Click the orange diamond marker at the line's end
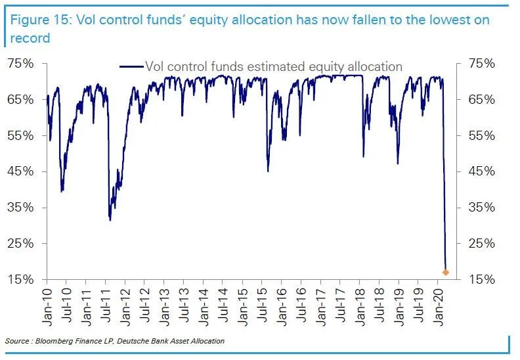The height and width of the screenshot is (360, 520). [x=446, y=272]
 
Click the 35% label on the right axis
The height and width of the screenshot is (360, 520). [x=485, y=208]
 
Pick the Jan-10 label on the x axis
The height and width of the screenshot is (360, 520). [x=47, y=307]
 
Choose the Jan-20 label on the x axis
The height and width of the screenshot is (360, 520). [x=439, y=307]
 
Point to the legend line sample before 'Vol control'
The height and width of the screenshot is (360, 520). [x=131, y=66]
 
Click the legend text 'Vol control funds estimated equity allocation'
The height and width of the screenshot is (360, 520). [x=273, y=66]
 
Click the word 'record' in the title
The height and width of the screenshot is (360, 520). [x=30, y=38]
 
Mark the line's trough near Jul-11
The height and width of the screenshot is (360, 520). [x=110, y=220]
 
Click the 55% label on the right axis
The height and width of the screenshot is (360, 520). [x=485, y=135]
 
